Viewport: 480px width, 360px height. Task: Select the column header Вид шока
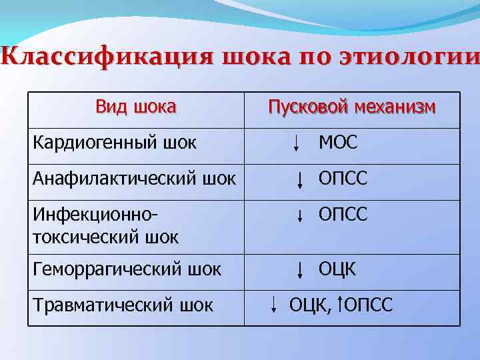pyautogui.click(x=136, y=107)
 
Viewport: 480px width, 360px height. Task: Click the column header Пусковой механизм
pyautogui.click(x=352, y=107)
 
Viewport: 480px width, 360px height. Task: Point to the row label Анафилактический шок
pyautogui.click(x=134, y=179)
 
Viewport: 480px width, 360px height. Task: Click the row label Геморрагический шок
pyautogui.click(x=127, y=269)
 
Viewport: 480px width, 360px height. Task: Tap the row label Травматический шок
pyautogui.click(x=123, y=305)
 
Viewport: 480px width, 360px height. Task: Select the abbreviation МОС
pyautogui.click(x=338, y=143)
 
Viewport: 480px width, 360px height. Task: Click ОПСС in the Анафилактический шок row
pyautogui.click(x=343, y=179)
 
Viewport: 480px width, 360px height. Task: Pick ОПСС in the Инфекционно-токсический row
pyautogui.click(x=343, y=215)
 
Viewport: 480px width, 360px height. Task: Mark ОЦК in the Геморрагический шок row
pyautogui.click(x=337, y=269)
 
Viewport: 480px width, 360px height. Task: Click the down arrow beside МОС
pyautogui.click(x=296, y=143)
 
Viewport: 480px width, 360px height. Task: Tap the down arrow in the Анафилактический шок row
pyautogui.click(x=301, y=179)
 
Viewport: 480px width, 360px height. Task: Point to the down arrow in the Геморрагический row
pyautogui.click(x=301, y=270)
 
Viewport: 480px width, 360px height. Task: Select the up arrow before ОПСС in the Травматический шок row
pyautogui.click(x=339, y=305)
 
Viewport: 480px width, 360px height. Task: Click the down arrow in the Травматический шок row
pyautogui.click(x=275, y=305)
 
